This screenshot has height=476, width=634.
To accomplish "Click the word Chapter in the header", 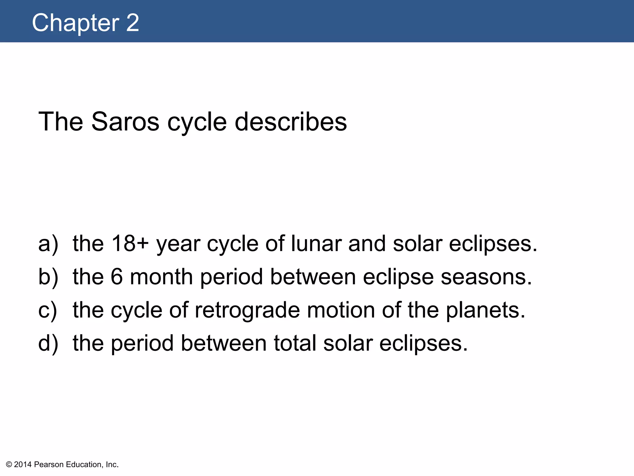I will [76, 23].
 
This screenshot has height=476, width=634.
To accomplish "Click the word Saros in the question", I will [125, 121].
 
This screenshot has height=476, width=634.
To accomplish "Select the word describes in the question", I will [291, 121].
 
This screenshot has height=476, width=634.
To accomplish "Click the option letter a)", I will [48, 244].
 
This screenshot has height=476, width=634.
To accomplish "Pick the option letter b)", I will [48, 277].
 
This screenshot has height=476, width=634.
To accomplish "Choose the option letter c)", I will [48, 310].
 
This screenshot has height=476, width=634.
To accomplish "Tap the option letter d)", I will [48, 343].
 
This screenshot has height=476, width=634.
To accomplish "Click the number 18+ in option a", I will [130, 244].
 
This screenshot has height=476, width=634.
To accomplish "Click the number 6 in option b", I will [117, 277].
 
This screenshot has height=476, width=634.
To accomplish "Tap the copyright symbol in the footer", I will [9, 465].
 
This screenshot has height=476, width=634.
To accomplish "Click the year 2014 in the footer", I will [23, 465].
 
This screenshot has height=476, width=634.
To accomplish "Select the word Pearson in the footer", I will [49, 465].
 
